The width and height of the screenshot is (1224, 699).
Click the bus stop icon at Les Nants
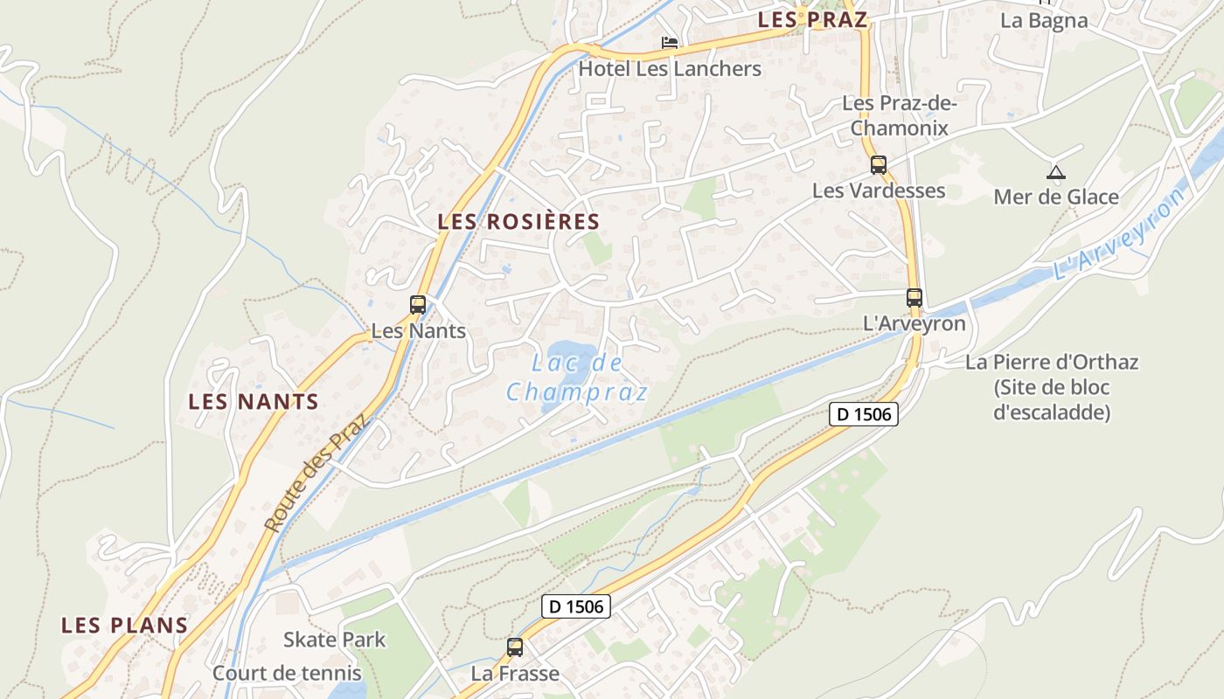418,305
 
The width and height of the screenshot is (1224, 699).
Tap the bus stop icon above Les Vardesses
879,164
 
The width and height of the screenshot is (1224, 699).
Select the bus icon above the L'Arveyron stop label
915,297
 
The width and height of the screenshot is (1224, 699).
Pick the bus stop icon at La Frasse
515,647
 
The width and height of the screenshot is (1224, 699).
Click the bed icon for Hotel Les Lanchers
670,42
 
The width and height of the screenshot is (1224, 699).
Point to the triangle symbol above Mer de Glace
1056,172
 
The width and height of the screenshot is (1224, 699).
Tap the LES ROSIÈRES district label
518,222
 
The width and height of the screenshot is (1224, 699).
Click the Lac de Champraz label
577,377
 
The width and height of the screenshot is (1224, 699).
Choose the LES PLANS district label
124,626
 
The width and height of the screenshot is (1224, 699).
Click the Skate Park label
334,640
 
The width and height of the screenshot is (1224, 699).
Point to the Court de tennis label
287,673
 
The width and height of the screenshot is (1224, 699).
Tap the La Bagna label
1044,21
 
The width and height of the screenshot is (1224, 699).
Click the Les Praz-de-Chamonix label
900,115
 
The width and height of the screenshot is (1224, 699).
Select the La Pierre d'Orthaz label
1052,386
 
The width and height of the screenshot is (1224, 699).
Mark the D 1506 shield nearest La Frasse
575,606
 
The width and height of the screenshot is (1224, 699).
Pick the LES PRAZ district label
812,20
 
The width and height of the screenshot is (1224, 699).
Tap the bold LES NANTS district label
254,402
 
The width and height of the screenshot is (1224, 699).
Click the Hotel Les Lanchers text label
670,68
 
